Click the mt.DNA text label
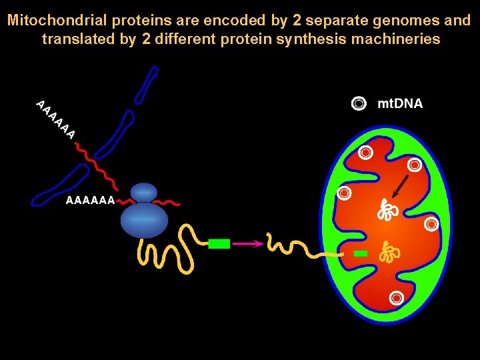(x=400, y=103)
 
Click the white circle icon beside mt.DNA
(x=359, y=103)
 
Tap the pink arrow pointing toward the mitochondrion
(x=247, y=244)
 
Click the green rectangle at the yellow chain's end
(x=219, y=244)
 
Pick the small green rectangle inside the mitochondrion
(x=361, y=253)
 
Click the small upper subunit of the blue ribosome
(x=144, y=192)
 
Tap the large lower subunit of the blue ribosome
(x=145, y=220)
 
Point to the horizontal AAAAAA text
(x=90, y=200)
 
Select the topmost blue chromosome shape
(x=147, y=85)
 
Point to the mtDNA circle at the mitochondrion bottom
(x=397, y=298)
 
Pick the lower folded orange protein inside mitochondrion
(x=387, y=251)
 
